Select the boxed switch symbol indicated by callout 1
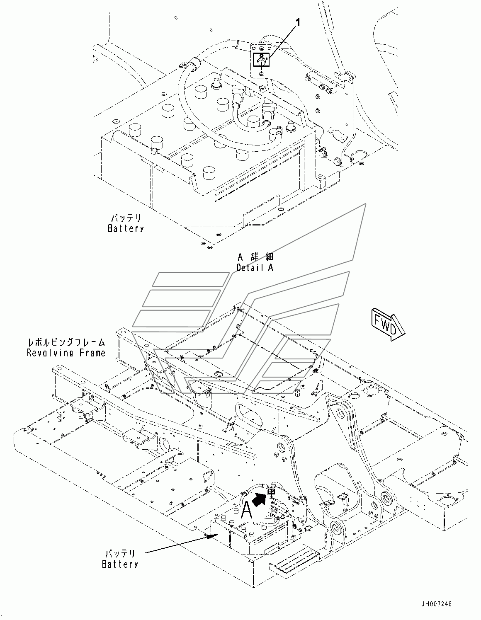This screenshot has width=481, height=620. [x=262, y=60]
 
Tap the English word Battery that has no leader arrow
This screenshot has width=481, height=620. [x=126, y=228]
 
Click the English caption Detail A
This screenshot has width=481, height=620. [x=255, y=268]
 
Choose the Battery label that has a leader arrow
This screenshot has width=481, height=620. [x=120, y=564]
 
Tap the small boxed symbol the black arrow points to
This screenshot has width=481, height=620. [x=272, y=491]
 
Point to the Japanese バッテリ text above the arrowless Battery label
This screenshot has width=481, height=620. [x=125, y=218]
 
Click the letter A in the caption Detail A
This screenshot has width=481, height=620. [x=270, y=268]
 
